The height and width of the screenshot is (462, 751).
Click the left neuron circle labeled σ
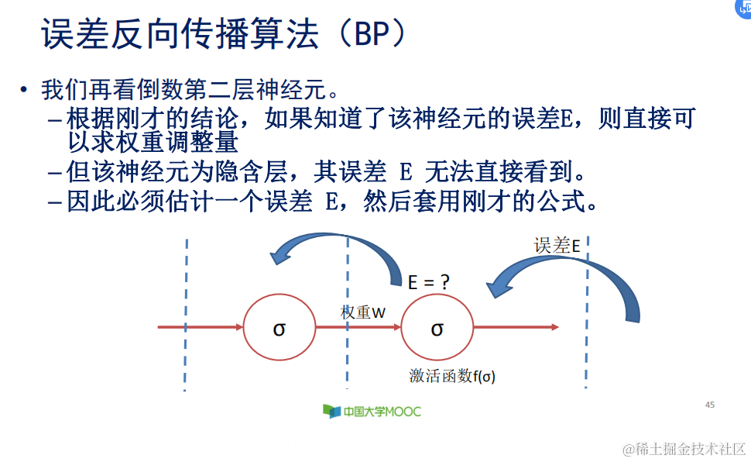tap(279, 327)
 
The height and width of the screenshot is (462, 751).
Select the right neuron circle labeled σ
tap(437, 327)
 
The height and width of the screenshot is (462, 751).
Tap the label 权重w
tap(363, 312)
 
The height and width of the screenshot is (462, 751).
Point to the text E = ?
tap(429, 282)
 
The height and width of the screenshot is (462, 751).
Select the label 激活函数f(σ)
tap(452, 376)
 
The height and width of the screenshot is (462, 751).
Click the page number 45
tap(710, 405)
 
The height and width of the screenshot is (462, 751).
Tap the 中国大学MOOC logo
tap(372, 411)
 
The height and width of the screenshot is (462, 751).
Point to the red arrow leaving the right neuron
tap(515, 327)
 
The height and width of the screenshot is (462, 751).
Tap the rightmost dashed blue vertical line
tap(587, 310)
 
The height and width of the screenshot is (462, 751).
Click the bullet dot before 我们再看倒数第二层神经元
tap(25, 89)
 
